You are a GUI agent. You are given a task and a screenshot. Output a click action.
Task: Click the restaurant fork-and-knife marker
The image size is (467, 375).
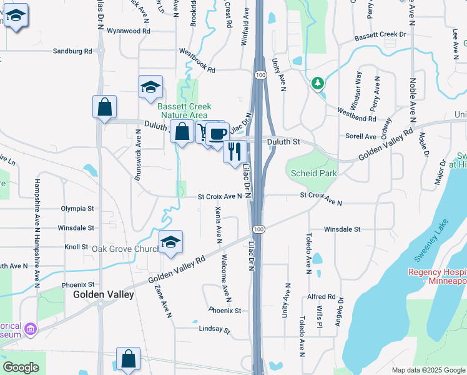235,151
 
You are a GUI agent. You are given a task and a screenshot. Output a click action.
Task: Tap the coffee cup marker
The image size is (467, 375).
218,134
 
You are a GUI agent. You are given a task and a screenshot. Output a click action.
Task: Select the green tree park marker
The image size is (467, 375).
318,83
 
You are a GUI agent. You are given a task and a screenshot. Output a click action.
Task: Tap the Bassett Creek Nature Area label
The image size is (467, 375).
183,111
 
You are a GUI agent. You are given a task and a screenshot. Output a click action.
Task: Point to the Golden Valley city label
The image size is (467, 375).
104,294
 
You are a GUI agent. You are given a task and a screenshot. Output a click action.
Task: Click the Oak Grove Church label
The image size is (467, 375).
125,249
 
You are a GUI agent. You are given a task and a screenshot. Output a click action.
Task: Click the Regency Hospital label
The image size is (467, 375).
437,276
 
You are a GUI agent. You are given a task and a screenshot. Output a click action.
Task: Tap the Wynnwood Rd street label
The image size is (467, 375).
129,30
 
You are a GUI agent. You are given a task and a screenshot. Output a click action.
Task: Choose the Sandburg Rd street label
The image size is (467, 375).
72,51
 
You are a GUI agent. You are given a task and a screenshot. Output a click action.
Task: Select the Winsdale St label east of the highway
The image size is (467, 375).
342,229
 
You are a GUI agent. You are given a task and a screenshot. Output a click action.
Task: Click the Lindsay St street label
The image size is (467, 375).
215,329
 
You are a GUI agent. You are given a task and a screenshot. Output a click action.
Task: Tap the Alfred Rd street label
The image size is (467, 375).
322,297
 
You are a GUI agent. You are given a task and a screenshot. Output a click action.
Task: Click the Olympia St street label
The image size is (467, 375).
77,208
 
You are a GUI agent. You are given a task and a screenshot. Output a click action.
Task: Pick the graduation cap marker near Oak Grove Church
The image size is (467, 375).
170,242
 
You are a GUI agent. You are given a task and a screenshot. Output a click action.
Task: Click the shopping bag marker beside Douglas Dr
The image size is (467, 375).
104,107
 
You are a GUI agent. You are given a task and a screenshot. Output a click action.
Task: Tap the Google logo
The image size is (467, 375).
21,367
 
